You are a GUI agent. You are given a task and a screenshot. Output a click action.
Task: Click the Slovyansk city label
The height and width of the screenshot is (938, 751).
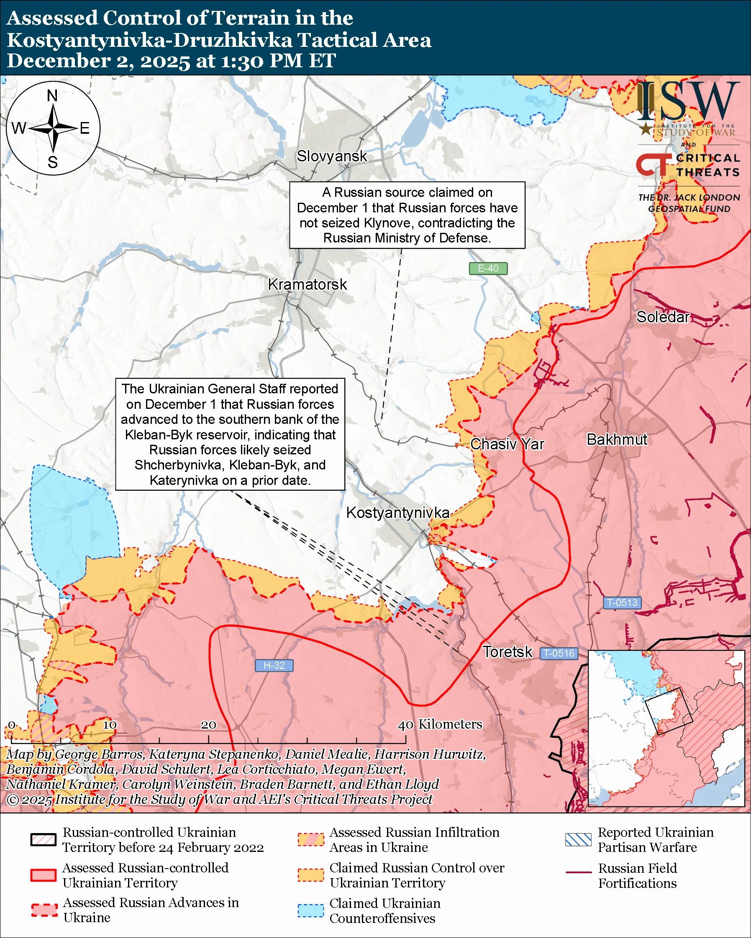coord(332,156)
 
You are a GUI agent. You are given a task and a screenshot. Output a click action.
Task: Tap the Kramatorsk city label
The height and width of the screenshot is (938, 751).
coord(308,285)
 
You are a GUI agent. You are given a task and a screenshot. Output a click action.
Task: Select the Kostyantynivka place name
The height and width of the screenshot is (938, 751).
coord(397,512)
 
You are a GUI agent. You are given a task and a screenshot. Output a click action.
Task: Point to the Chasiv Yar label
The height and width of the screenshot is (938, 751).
coord(507,444)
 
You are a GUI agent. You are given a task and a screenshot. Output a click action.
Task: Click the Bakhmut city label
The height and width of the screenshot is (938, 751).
coord(617,439)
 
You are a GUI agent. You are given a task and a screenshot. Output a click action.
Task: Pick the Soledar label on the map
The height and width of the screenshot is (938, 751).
coord(663,317)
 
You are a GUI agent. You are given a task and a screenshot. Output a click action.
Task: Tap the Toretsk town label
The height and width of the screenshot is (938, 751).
coord(507,652)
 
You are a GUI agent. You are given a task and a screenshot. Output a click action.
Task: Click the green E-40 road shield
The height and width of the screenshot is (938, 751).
coord(488,268)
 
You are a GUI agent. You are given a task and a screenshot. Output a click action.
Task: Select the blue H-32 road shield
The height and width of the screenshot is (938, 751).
coord(274,665)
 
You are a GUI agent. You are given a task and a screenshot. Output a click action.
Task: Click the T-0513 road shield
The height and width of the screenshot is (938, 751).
coord(622,603)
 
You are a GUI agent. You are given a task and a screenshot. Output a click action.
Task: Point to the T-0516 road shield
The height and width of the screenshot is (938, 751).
coord(559,653)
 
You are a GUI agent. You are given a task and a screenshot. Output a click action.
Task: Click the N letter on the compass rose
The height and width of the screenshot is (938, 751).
coord(52,96)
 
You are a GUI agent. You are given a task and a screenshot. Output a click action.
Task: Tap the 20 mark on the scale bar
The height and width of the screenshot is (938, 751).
coord(208,725)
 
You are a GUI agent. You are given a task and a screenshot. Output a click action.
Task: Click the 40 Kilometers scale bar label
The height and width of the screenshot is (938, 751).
coord(440,724)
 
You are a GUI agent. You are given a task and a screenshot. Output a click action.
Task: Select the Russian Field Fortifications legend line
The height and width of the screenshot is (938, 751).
coord(578,872)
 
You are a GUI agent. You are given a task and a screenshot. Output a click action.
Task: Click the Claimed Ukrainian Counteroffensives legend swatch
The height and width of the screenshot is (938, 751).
coord(310,910)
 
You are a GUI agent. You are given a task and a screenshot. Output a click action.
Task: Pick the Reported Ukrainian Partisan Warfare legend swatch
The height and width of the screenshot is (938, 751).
coord(578,840)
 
